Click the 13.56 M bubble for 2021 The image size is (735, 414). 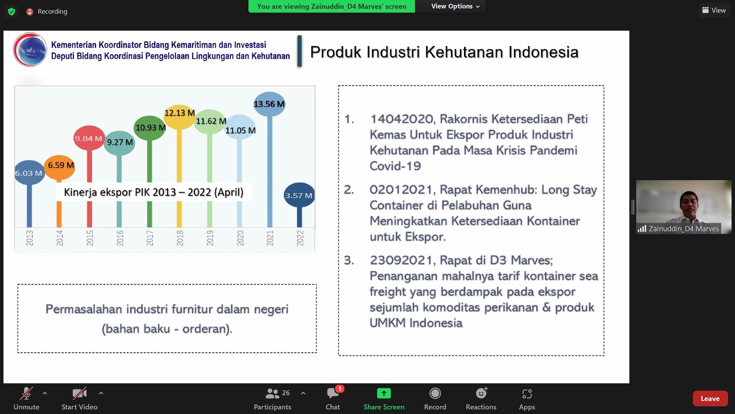(x=269, y=104)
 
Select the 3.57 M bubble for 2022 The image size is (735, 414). (x=299, y=195)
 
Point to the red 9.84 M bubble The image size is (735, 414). (x=89, y=138)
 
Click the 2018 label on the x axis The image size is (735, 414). (x=180, y=238)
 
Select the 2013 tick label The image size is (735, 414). (x=29, y=238)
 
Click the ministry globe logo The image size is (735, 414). (x=30, y=50)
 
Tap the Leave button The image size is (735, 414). (x=710, y=398)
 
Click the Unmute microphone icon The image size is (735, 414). (x=26, y=393)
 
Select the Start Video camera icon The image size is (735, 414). (x=79, y=393)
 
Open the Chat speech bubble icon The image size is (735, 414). (x=333, y=393)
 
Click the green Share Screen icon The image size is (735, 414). (x=384, y=393)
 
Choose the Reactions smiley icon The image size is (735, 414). (x=481, y=393)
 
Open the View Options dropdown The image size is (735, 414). (x=455, y=6)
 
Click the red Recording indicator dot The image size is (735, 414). (x=29, y=11)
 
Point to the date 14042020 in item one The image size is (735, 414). (x=402, y=119)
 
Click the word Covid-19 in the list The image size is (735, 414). (x=395, y=166)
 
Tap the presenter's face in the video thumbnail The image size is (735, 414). (x=689, y=205)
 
